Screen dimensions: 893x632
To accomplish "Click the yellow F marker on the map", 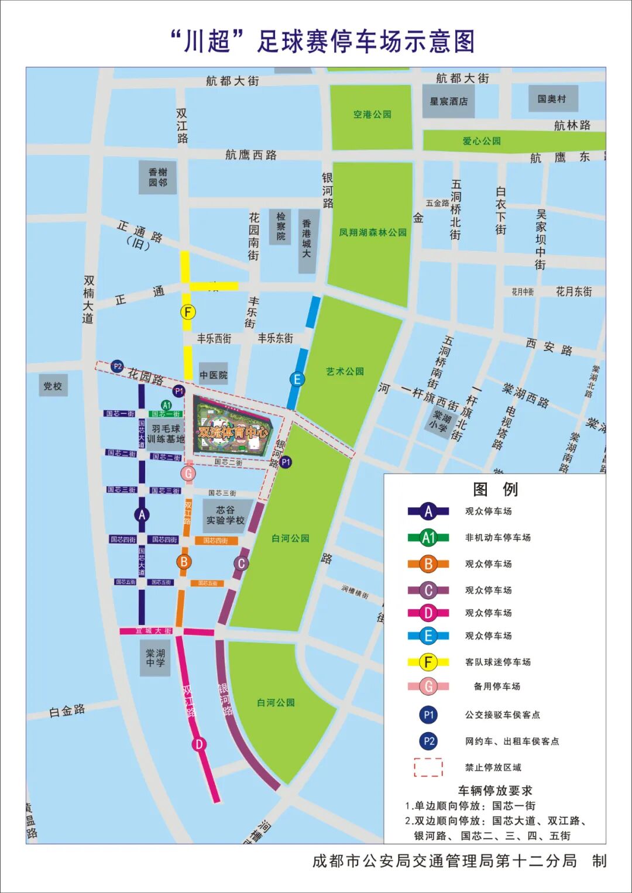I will pos(187,312).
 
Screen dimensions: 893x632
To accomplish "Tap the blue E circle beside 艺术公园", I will pos(297,379).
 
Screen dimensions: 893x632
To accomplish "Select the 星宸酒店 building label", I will pos(449,101).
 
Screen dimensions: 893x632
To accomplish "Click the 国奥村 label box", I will pos(552,99).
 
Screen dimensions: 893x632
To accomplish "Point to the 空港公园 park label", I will pos(372,115).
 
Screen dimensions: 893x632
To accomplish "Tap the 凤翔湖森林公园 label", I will pos(373,232).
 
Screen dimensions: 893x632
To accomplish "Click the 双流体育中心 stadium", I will pos(233,432).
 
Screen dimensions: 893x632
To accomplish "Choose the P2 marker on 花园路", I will pos(117,366).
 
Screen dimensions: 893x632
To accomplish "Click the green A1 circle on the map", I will pos(167,405).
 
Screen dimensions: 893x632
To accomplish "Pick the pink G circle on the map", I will pos(188,473).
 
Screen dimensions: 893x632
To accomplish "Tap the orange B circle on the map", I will pos(184,562).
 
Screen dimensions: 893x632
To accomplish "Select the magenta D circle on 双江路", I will pos(199,744).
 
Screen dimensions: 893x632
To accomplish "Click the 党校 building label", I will pos(53,386).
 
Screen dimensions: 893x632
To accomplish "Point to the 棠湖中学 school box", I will pos(155,658).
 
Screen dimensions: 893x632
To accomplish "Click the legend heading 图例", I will pos(494,489).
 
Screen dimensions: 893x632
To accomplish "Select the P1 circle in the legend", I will pos(429,715).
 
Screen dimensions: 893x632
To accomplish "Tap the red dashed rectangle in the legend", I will pos(428,767).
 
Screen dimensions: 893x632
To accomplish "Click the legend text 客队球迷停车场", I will pos(497,662).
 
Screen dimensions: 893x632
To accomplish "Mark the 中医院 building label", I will pos(213,375).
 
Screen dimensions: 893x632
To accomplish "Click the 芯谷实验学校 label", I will pos(225,515).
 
